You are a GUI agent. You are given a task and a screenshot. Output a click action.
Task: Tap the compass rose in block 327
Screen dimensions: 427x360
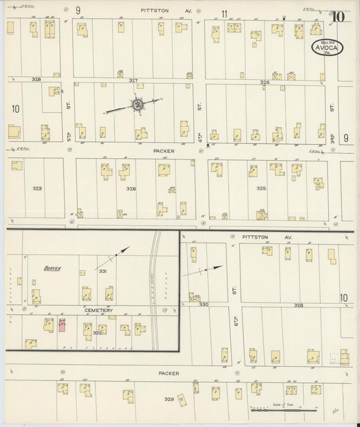point(137,104)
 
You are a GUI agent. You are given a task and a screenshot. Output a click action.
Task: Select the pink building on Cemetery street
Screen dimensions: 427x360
point(61,325)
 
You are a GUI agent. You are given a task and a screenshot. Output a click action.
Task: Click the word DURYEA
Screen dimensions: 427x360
point(53,268)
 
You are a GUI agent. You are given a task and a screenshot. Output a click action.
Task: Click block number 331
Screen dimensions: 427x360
point(103,272)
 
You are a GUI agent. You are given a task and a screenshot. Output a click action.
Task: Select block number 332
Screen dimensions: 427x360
point(97,332)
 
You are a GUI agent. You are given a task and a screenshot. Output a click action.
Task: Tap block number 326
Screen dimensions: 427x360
point(130,189)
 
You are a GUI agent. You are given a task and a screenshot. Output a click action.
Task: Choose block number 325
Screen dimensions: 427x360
point(261,189)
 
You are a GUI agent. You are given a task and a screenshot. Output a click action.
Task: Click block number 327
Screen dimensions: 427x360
point(133,80)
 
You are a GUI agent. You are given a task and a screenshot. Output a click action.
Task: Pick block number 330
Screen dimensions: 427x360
point(204,305)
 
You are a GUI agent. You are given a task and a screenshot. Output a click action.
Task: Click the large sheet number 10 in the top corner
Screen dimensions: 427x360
point(338,17)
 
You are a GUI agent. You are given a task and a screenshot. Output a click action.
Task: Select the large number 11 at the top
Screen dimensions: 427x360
point(224,12)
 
